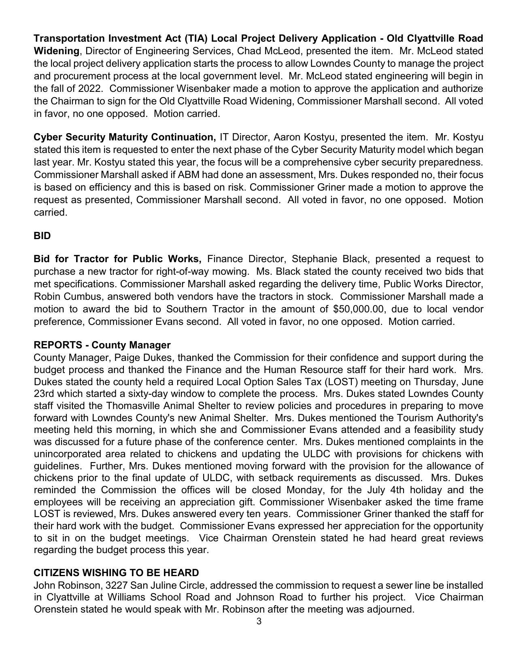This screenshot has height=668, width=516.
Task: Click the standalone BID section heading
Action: pyautogui.click(x=42, y=235)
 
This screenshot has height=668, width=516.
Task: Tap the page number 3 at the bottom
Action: pyautogui.click(x=259, y=621)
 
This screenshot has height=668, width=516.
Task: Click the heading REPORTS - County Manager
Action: pyautogui.click(x=102, y=345)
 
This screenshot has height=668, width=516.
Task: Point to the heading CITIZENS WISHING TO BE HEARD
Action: pyautogui.click(x=116, y=573)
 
